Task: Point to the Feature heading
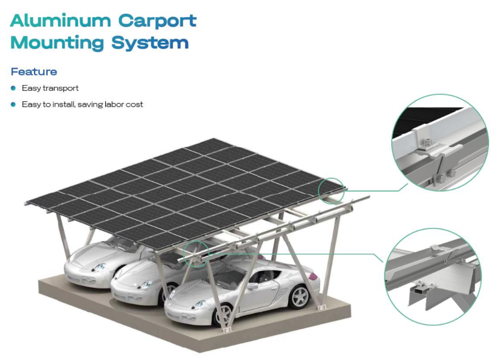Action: [x=34, y=72]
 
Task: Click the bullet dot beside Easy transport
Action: [x=13, y=88]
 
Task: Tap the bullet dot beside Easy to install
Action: [x=13, y=104]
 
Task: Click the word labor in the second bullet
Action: [x=115, y=104]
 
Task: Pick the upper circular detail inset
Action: [x=439, y=142]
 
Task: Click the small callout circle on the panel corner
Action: [x=332, y=190]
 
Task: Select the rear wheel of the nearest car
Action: [x=299, y=297]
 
